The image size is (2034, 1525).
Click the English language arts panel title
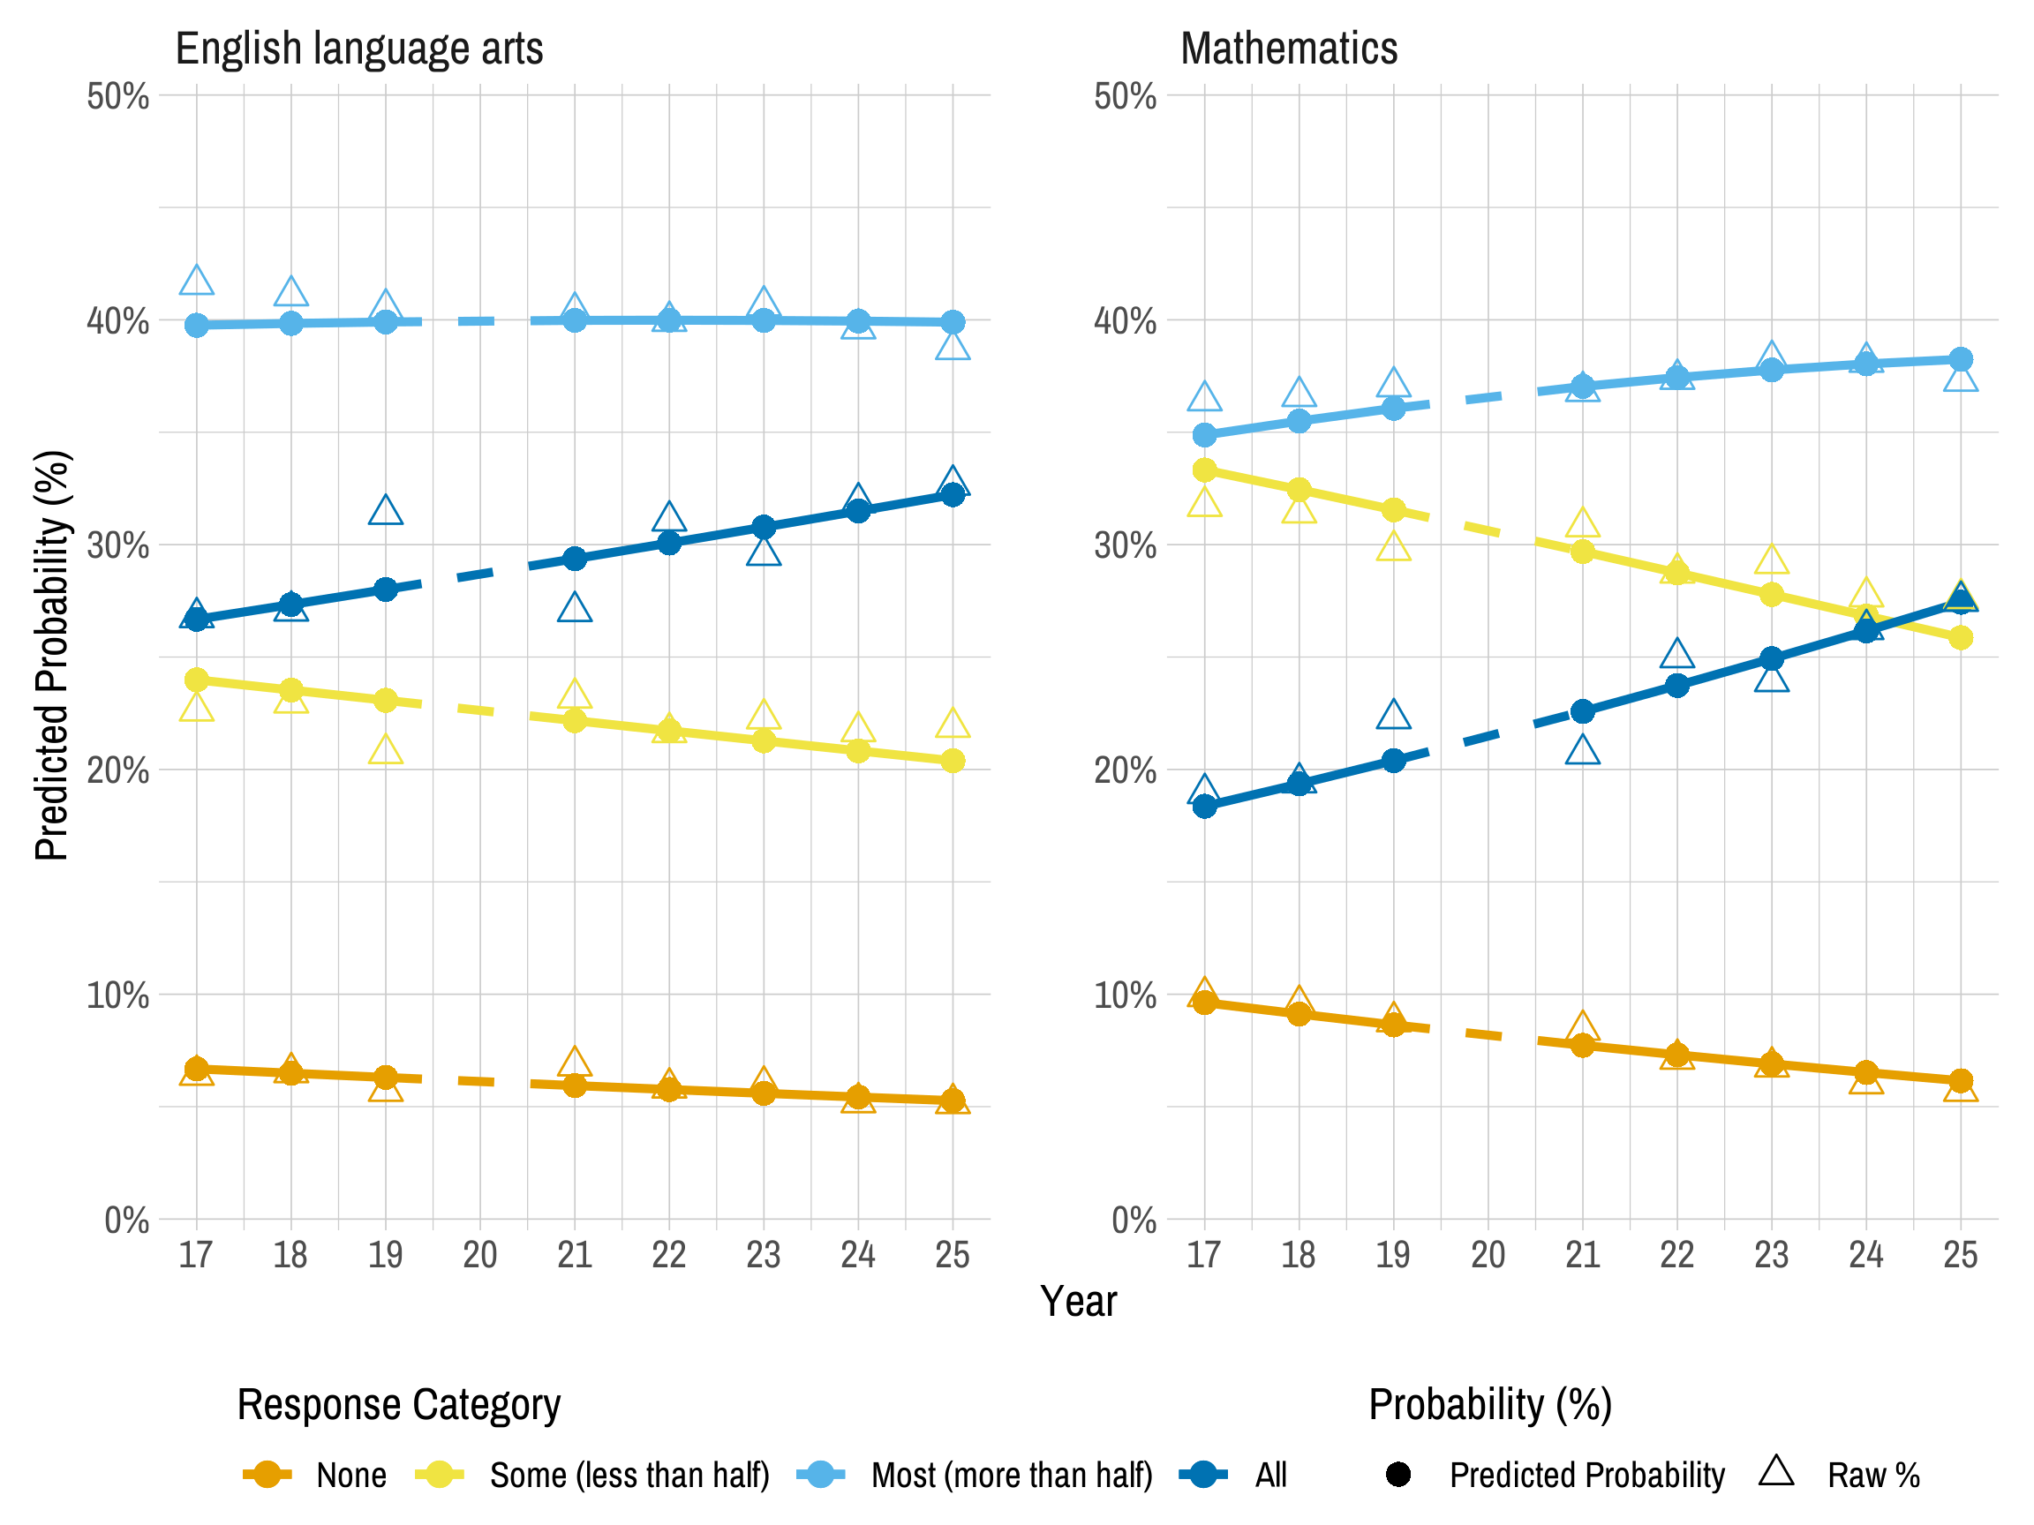(x=358, y=48)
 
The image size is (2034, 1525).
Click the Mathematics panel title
(x=1288, y=48)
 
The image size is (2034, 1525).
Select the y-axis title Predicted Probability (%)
(x=51, y=656)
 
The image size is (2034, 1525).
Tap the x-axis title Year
(x=1078, y=1302)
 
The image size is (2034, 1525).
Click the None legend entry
(x=350, y=1476)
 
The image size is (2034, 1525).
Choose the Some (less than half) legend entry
(x=629, y=1476)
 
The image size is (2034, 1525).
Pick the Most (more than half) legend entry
(x=1012, y=1476)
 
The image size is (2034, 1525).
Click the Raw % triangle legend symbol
(x=1775, y=1472)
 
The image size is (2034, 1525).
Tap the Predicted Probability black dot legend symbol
(x=1397, y=1476)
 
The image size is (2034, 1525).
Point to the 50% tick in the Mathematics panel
(x=1124, y=95)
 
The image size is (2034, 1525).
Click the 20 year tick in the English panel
(x=480, y=1255)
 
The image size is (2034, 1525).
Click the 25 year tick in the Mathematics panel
(x=1961, y=1255)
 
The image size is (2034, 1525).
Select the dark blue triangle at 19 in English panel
(x=385, y=511)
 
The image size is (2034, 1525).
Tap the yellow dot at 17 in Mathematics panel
(x=1204, y=470)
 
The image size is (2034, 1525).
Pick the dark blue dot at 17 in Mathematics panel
(x=1204, y=806)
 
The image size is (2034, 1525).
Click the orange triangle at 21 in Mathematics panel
(x=1583, y=1026)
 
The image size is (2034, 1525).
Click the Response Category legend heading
(x=398, y=1405)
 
